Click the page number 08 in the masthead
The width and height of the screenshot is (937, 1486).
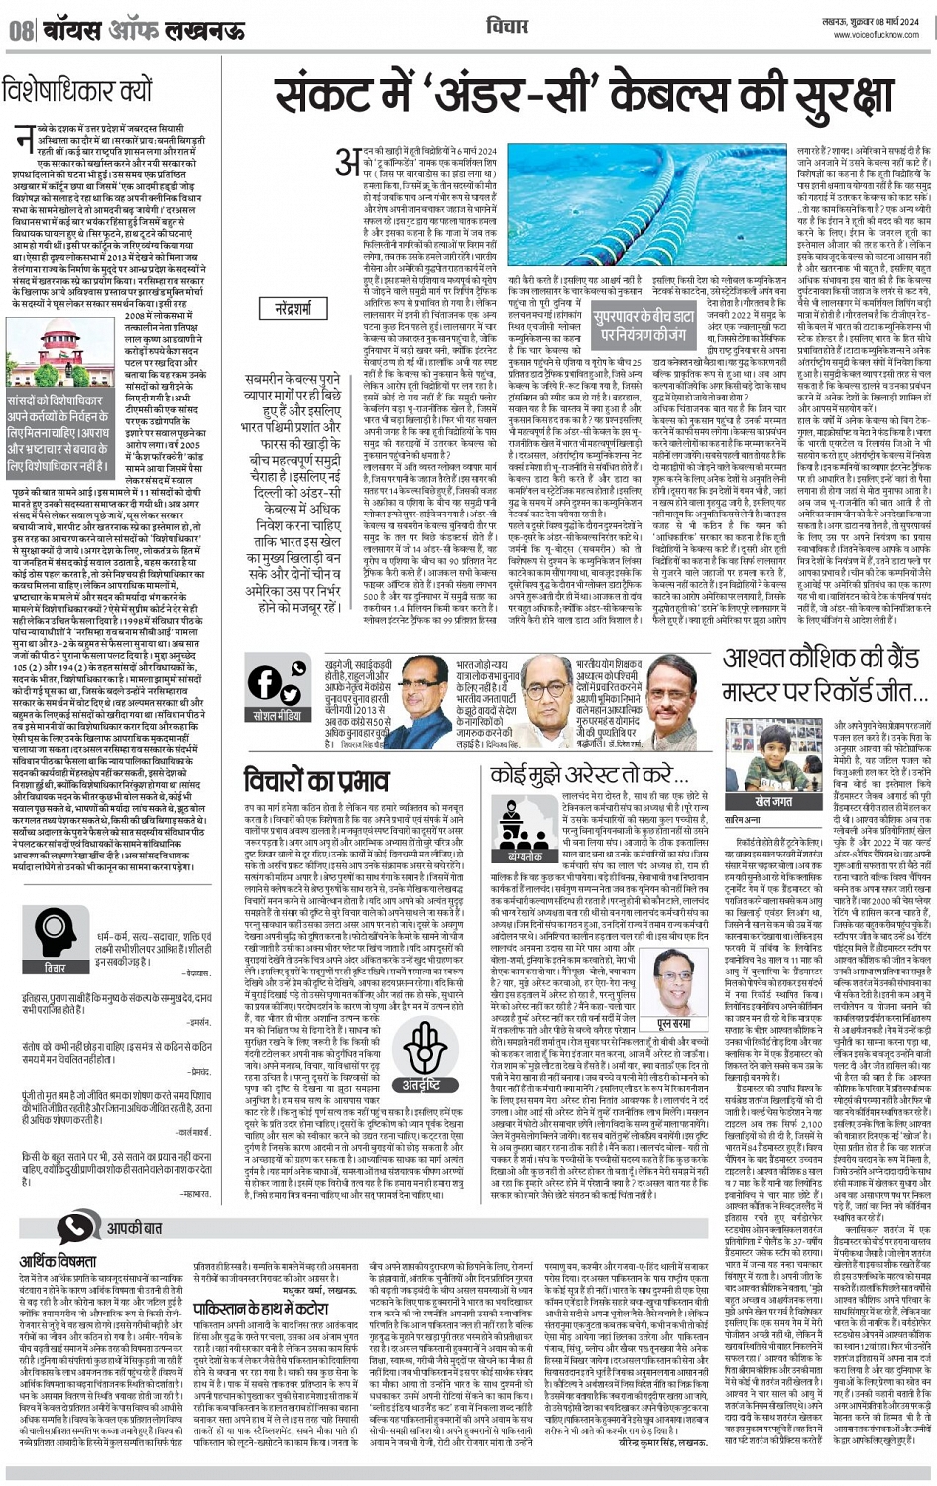coord(20,28)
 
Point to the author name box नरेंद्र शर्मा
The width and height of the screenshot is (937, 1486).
coord(294,308)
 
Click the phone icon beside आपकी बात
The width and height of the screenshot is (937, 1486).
coord(73,1227)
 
